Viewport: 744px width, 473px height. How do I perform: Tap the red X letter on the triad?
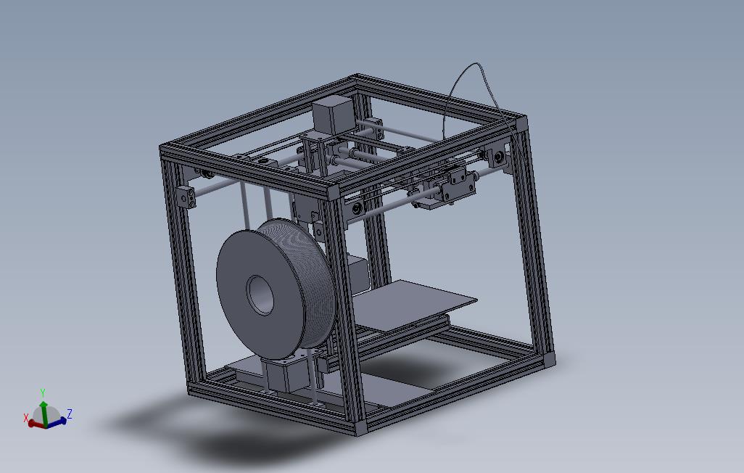point(26,419)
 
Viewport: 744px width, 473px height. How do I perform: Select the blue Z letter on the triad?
point(70,414)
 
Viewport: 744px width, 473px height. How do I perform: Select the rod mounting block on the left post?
point(186,196)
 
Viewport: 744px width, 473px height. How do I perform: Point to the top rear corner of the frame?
point(357,78)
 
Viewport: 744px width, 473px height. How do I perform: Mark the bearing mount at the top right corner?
point(499,156)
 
